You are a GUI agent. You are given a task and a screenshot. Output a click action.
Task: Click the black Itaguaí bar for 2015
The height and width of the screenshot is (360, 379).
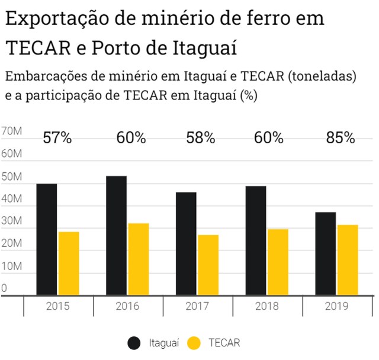coord(47,239)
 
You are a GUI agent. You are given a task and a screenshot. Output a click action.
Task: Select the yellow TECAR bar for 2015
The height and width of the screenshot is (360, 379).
coord(69,263)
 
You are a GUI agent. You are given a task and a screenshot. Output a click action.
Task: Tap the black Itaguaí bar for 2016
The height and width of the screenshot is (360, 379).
coord(116,236)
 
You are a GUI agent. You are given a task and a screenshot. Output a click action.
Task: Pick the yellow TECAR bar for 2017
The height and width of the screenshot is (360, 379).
coord(208,265)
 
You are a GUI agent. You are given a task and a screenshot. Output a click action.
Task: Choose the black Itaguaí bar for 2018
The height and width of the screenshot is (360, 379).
coord(256,240)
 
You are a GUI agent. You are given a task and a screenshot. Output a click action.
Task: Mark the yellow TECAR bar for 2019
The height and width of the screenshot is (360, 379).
coord(348,260)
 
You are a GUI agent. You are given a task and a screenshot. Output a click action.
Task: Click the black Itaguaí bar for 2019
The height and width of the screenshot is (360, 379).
coord(326,253)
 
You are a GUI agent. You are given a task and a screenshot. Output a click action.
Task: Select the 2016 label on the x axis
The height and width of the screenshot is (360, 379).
coord(127,306)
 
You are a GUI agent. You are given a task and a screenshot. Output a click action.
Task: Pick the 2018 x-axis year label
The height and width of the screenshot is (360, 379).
coord(267,306)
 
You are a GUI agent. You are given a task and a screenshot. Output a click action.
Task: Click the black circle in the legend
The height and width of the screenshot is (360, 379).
coord(134,342)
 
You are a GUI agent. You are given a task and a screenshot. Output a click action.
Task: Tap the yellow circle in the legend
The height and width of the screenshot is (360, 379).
coord(193,342)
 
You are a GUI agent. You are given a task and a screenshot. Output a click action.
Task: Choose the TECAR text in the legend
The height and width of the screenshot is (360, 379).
coord(224,342)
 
